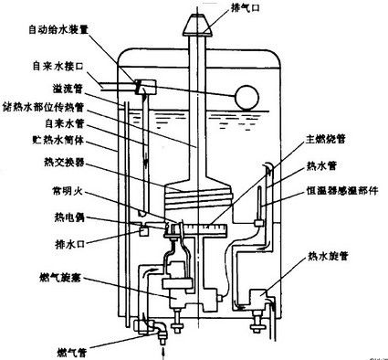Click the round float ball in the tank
click(x=245, y=96)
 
